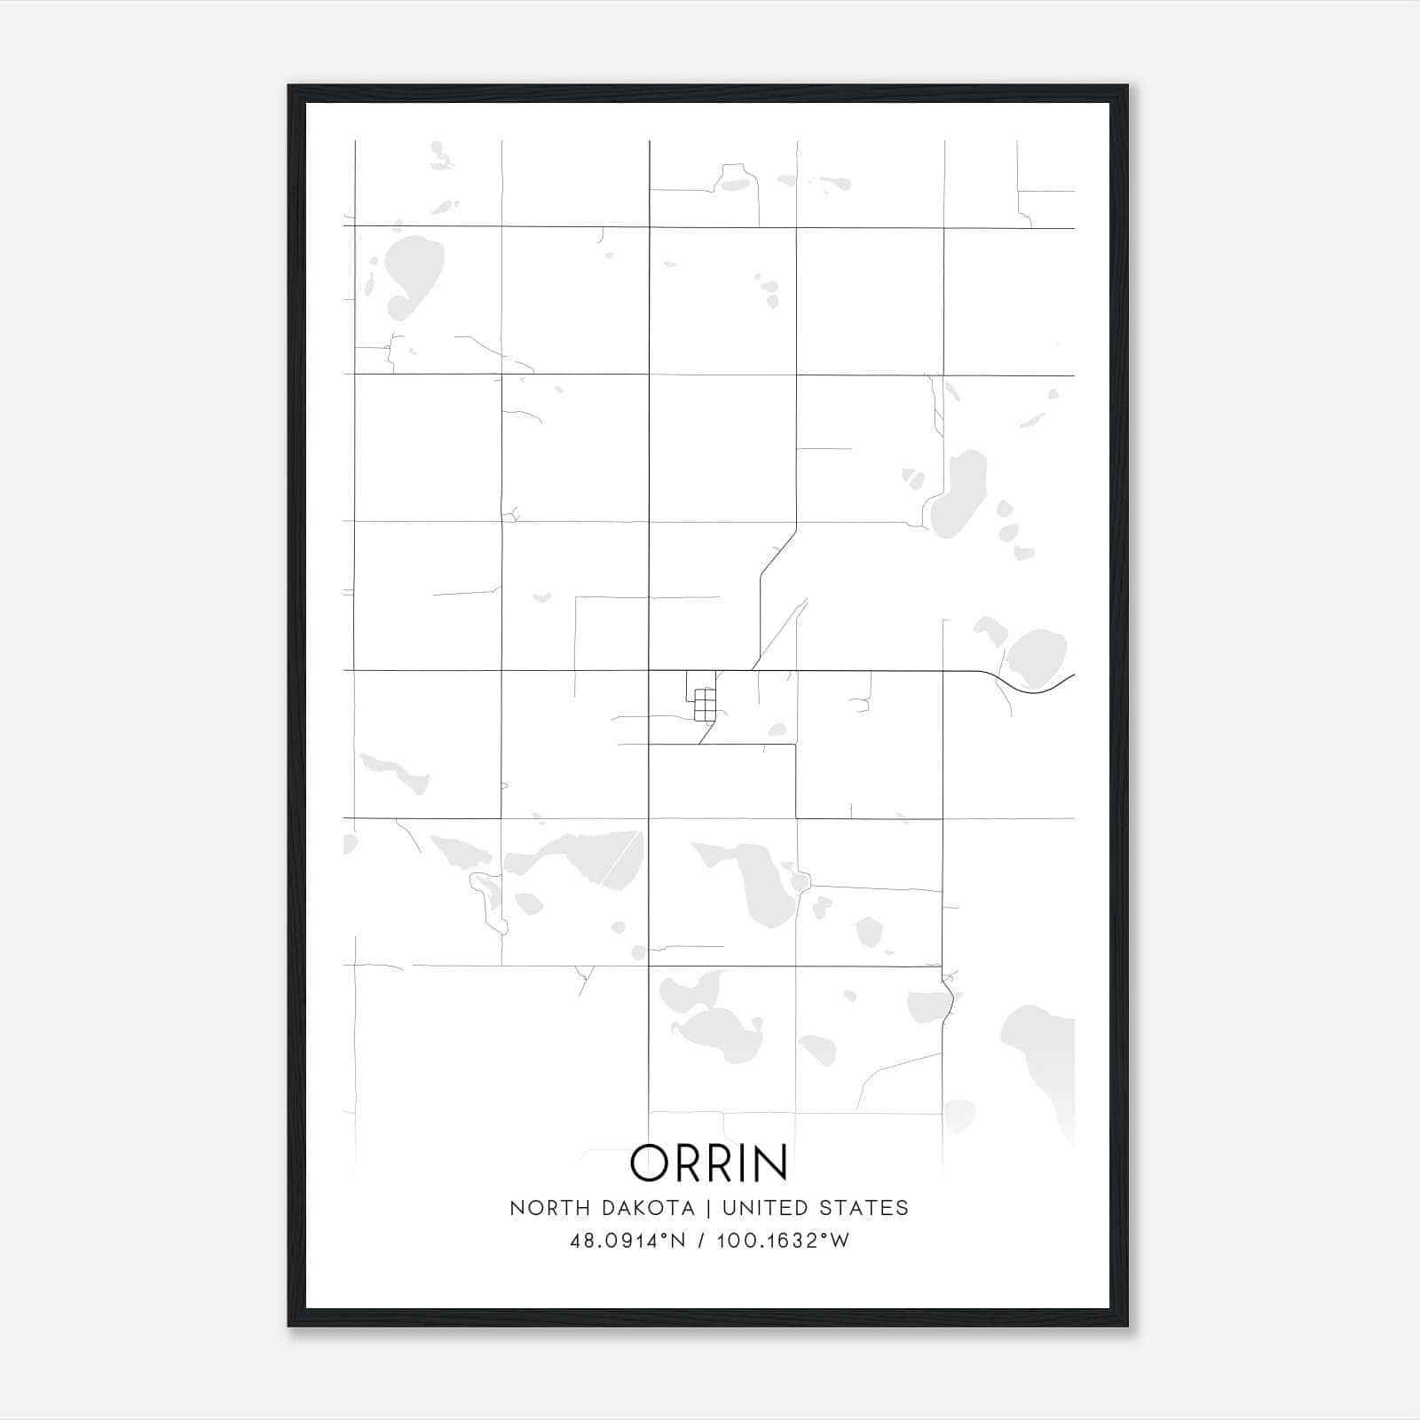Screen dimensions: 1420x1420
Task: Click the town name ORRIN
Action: point(709,1163)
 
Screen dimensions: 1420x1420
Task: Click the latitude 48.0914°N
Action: point(627,1241)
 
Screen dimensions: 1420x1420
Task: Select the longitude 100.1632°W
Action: point(783,1241)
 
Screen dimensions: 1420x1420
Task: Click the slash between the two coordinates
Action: point(701,1241)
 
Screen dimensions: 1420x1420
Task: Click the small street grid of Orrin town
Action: point(705,705)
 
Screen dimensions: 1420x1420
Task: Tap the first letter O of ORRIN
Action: point(651,1163)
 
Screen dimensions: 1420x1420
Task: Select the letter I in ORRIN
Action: point(738,1163)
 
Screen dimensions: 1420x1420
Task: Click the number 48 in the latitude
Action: point(581,1241)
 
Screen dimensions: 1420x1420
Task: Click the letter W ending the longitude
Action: point(840,1241)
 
